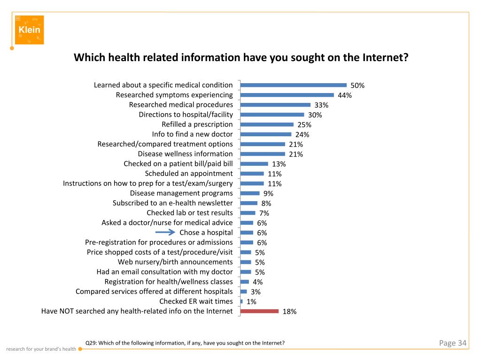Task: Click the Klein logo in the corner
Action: [x=29, y=30]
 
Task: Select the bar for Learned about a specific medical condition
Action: [x=294, y=85]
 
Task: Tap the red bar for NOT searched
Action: [x=259, y=311]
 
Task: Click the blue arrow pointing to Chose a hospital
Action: [x=165, y=232]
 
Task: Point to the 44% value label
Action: [x=345, y=95]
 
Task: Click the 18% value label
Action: [x=289, y=312]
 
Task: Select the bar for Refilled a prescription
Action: [x=267, y=125]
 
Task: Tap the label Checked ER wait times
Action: [x=196, y=301]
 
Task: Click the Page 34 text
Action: [x=453, y=343]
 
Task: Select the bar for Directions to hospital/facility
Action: [x=272, y=115]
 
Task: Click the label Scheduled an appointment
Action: [x=189, y=173]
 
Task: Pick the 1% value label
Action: [x=251, y=302]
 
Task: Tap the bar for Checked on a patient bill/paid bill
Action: [x=254, y=164]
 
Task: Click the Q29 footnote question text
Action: [x=185, y=343]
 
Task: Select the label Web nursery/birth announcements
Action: [x=175, y=262]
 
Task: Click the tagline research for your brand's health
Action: [x=41, y=349]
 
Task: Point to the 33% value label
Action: [x=321, y=105]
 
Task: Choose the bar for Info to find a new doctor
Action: [x=266, y=134]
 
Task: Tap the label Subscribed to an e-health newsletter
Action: [x=172, y=203]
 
